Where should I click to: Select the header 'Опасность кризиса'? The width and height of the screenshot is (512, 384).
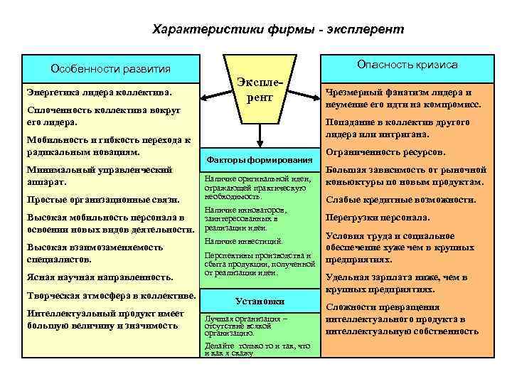point(407,65)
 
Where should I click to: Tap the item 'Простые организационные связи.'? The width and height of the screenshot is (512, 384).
point(102,200)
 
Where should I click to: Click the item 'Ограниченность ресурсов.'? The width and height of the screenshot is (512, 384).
point(385,152)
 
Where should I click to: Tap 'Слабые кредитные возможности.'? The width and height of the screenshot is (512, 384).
point(400,200)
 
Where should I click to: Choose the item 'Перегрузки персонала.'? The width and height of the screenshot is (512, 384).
point(377,218)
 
